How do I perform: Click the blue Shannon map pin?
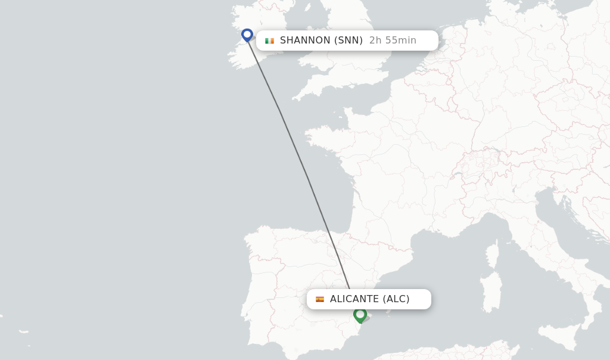coord(247,35)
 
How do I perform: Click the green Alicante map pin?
coord(360,314)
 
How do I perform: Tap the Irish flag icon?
coord(270,41)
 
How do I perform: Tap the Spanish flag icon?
coord(320,299)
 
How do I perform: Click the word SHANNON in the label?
coord(305,41)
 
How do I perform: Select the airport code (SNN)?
coord(348,41)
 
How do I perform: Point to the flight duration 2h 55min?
coord(393,41)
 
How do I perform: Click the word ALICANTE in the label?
coord(354,299)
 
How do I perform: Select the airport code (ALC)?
coord(396,299)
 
